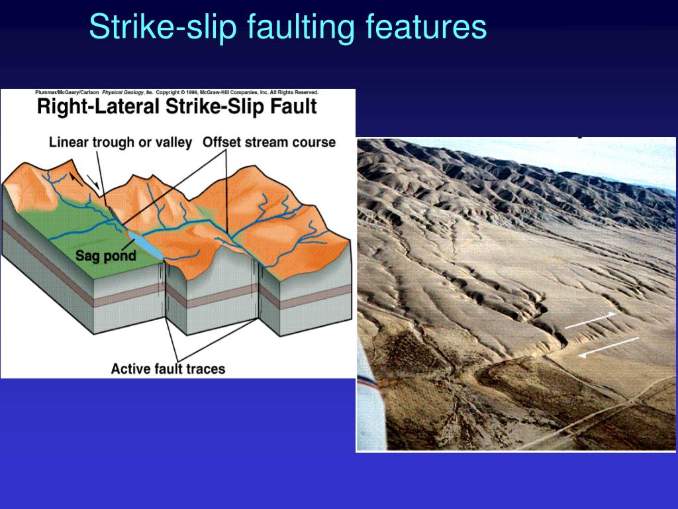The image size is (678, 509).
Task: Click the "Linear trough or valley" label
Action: coord(121,142)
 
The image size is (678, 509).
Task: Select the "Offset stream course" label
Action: coord(269,142)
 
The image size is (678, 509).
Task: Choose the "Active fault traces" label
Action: coord(168,368)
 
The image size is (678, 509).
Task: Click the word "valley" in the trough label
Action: coord(176,142)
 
